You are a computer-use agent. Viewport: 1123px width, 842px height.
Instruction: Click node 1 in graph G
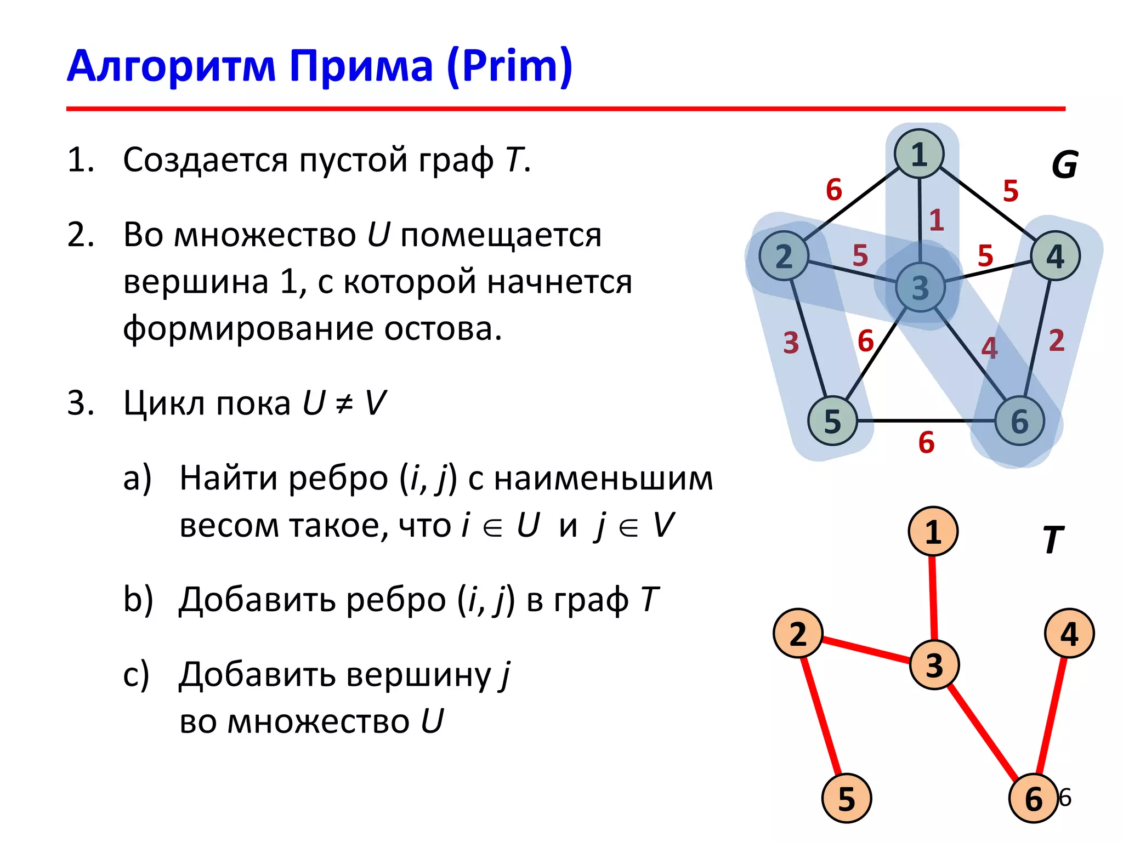coord(919,154)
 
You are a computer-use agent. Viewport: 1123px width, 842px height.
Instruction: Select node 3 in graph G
coord(920,287)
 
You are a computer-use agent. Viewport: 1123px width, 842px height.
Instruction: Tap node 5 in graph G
coord(832,421)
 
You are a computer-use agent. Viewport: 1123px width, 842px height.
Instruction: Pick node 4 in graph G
coord(1055,256)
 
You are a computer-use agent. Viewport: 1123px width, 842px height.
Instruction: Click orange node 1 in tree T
coord(933,531)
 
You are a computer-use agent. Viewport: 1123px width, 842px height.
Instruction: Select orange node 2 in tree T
coord(798,633)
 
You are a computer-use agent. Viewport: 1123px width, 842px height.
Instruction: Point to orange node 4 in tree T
coord(1069,633)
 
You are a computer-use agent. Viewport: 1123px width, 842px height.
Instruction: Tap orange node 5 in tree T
coord(847,798)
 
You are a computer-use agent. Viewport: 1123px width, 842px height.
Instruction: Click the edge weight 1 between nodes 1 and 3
coord(937,220)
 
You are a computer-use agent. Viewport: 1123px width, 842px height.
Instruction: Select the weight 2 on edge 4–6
coord(1057,340)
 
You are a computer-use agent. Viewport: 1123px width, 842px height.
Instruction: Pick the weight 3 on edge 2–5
coord(791,343)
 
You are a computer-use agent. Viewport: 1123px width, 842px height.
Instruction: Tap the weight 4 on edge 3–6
coord(989,348)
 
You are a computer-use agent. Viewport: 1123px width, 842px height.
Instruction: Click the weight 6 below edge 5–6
coord(926,442)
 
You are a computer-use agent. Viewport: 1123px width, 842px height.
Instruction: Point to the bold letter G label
coord(1064,164)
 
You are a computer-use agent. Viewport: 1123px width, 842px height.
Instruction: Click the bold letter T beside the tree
coord(1053,541)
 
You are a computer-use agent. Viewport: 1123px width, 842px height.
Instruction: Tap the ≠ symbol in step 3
coord(344,404)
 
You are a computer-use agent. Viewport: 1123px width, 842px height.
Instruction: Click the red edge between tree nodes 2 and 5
coord(821,715)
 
